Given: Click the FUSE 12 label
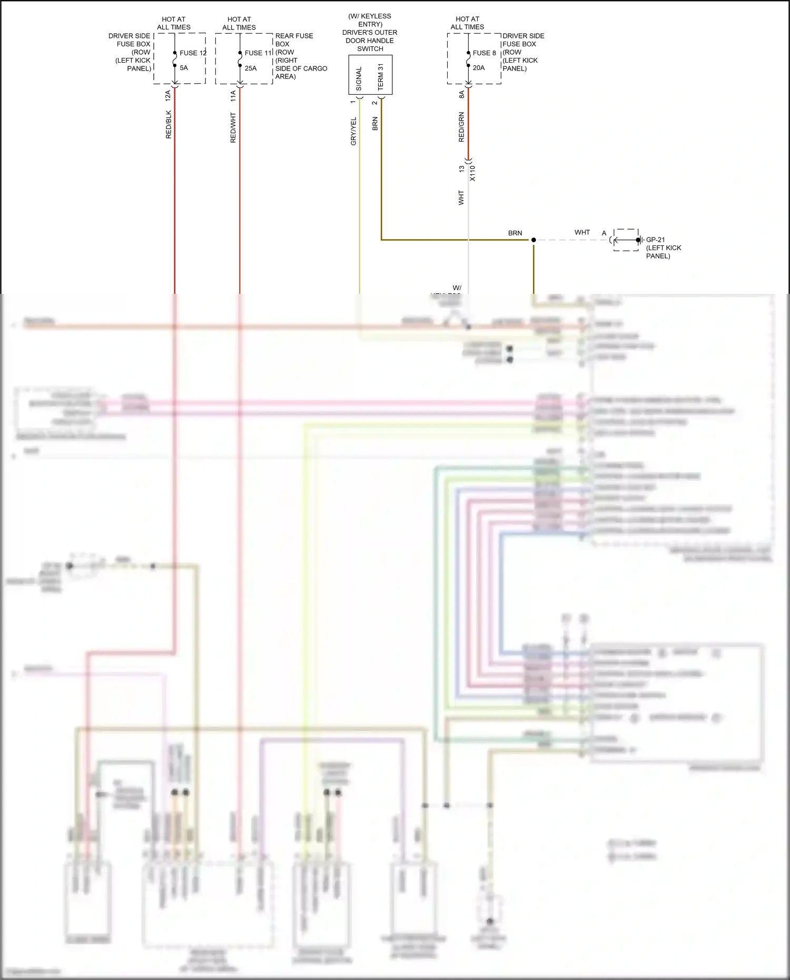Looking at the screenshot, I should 193,53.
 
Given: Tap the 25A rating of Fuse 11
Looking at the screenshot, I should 251,68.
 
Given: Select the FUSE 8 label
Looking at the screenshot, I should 484,53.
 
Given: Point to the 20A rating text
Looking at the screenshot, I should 479,68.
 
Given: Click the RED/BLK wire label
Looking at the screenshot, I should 169,124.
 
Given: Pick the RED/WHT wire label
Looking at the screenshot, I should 233,127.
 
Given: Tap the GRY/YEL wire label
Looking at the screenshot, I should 354,131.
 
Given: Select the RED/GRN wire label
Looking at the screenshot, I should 461,127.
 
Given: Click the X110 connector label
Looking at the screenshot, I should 472,173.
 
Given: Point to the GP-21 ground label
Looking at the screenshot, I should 655,240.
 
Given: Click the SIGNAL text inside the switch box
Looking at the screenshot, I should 359,78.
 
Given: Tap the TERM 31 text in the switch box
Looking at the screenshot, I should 381,77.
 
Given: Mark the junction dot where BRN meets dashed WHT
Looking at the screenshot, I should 534,240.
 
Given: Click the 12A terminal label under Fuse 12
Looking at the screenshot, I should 168,95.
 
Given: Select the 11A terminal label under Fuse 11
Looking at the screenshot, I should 233,95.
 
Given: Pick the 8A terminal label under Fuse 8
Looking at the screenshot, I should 461,94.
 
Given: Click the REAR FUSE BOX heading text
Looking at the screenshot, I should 294,36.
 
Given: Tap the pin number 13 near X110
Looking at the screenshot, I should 461,169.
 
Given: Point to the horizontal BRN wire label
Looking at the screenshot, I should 515,233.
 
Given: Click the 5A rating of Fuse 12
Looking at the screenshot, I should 184,68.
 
